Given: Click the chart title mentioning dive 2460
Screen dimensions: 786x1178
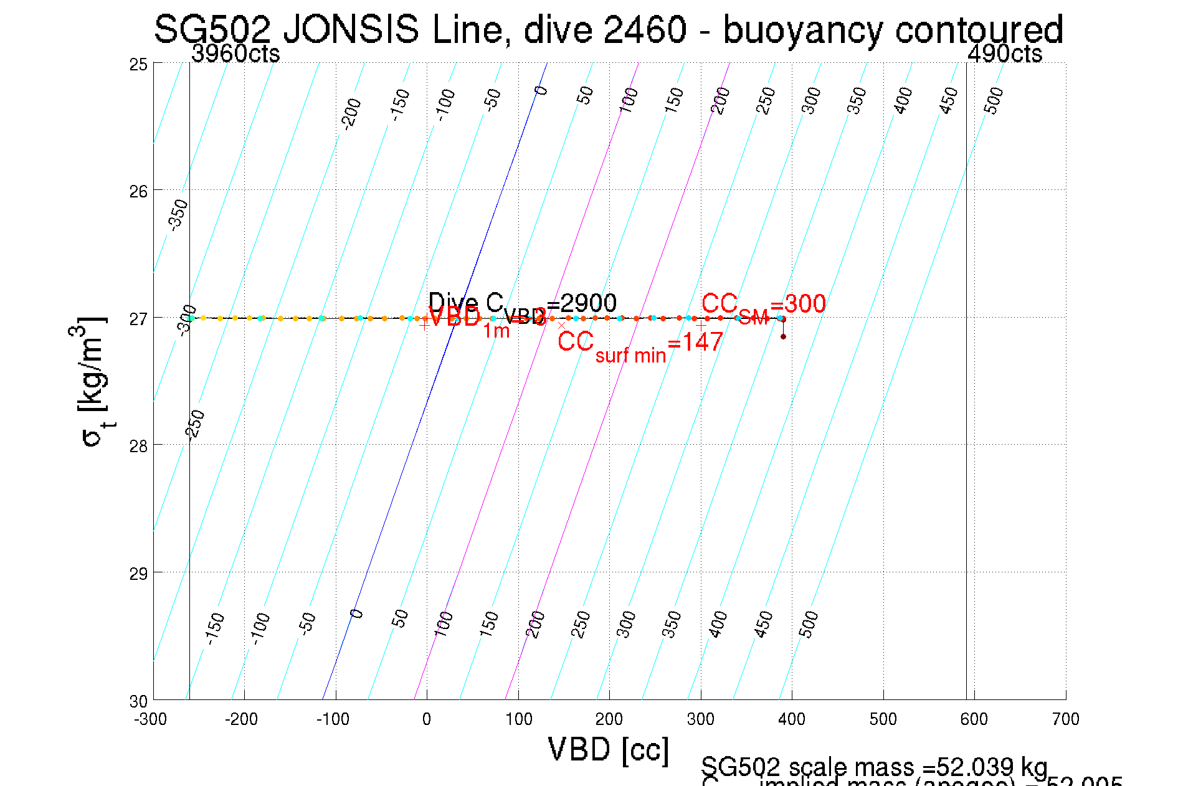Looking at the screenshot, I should pyautogui.click(x=608, y=29).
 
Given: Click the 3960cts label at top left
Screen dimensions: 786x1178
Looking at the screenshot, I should pyautogui.click(x=235, y=54).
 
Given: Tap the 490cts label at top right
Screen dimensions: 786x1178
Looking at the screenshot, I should pyautogui.click(x=1004, y=54).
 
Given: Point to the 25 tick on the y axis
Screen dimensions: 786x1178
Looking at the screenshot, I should pyautogui.click(x=138, y=64).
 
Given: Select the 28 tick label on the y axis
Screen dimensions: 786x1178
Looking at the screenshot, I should pyautogui.click(x=138, y=446).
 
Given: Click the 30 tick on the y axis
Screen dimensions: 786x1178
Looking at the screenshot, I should pyautogui.click(x=138, y=701).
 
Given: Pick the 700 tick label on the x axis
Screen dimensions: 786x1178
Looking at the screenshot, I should pyautogui.click(x=1065, y=719).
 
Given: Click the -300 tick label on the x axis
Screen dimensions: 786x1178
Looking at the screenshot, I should pyautogui.click(x=151, y=719).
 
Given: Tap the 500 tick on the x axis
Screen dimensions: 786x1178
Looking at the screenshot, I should pyautogui.click(x=883, y=719).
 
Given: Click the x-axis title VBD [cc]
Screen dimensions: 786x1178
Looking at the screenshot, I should pyautogui.click(x=609, y=749).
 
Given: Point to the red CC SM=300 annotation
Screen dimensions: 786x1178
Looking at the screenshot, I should pyautogui.click(x=763, y=306).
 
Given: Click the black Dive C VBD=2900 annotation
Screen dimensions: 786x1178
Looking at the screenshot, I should pyautogui.click(x=522, y=304).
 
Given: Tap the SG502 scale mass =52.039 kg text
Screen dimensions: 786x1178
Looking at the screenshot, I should pyautogui.click(x=874, y=767).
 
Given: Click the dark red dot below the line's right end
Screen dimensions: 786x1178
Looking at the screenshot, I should pyautogui.click(x=783, y=337).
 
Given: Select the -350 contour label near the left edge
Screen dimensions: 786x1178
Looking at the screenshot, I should pyautogui.click(x=179, y=214).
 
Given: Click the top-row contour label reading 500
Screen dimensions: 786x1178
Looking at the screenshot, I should pyautogui.click(x=994, y=100).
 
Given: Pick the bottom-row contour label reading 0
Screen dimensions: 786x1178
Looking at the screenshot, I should pyautogui.click(x=356, y=614).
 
